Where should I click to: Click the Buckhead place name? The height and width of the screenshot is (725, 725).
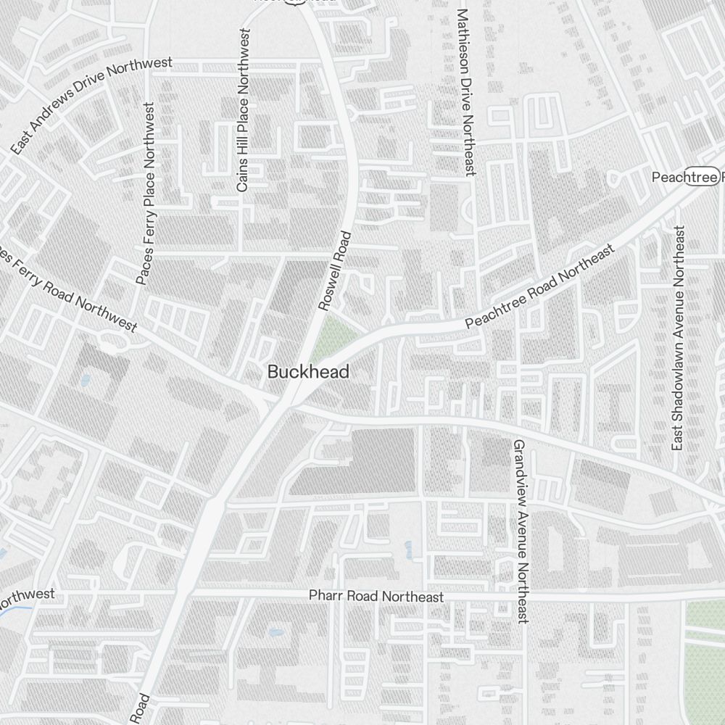(x=308, y=372)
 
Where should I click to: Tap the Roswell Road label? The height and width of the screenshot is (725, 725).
(x=335, y=270)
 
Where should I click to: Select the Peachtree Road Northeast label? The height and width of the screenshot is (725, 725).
(x=540, y=287)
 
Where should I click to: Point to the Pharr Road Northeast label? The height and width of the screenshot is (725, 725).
(x=376, y=597)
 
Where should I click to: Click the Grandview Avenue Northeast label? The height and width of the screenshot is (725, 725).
(x=521, y=531)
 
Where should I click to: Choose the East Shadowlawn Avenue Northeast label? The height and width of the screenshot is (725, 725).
(x=678, y=338)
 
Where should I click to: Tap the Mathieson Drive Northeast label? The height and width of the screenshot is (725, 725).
(x=465, y=92)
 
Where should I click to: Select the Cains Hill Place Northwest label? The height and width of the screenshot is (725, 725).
(x=243, y=110)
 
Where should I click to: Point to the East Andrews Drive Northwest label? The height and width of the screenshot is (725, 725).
(x=91, y=106)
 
